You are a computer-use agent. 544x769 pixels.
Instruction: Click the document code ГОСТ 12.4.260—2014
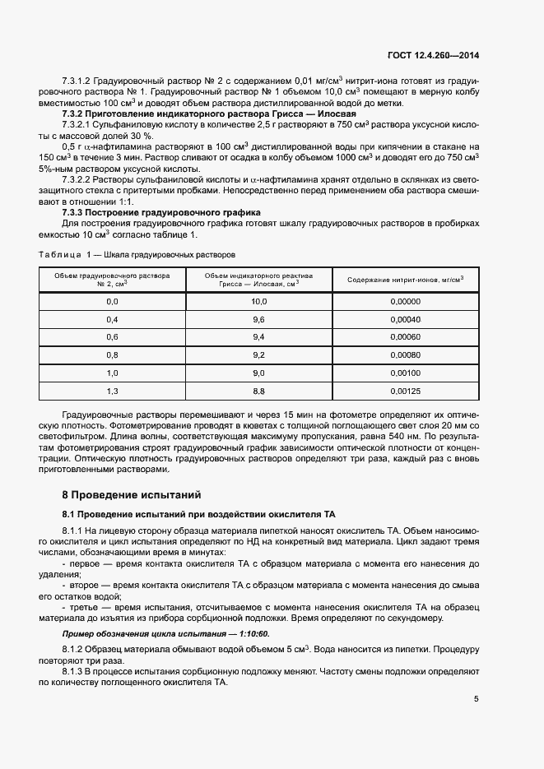pos(433,55)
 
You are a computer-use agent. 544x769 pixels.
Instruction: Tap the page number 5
pos(477,700)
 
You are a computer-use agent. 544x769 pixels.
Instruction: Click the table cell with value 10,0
pos(258,302)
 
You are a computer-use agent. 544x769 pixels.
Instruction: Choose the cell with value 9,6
pos(258,319)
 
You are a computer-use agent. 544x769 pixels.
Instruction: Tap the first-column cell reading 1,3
pos(112,391)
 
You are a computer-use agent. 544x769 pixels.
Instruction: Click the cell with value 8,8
pos(258,391)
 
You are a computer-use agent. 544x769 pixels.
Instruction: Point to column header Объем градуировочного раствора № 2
pos(112,280)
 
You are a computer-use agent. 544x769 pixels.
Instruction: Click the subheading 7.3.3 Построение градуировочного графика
pos(143,212)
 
